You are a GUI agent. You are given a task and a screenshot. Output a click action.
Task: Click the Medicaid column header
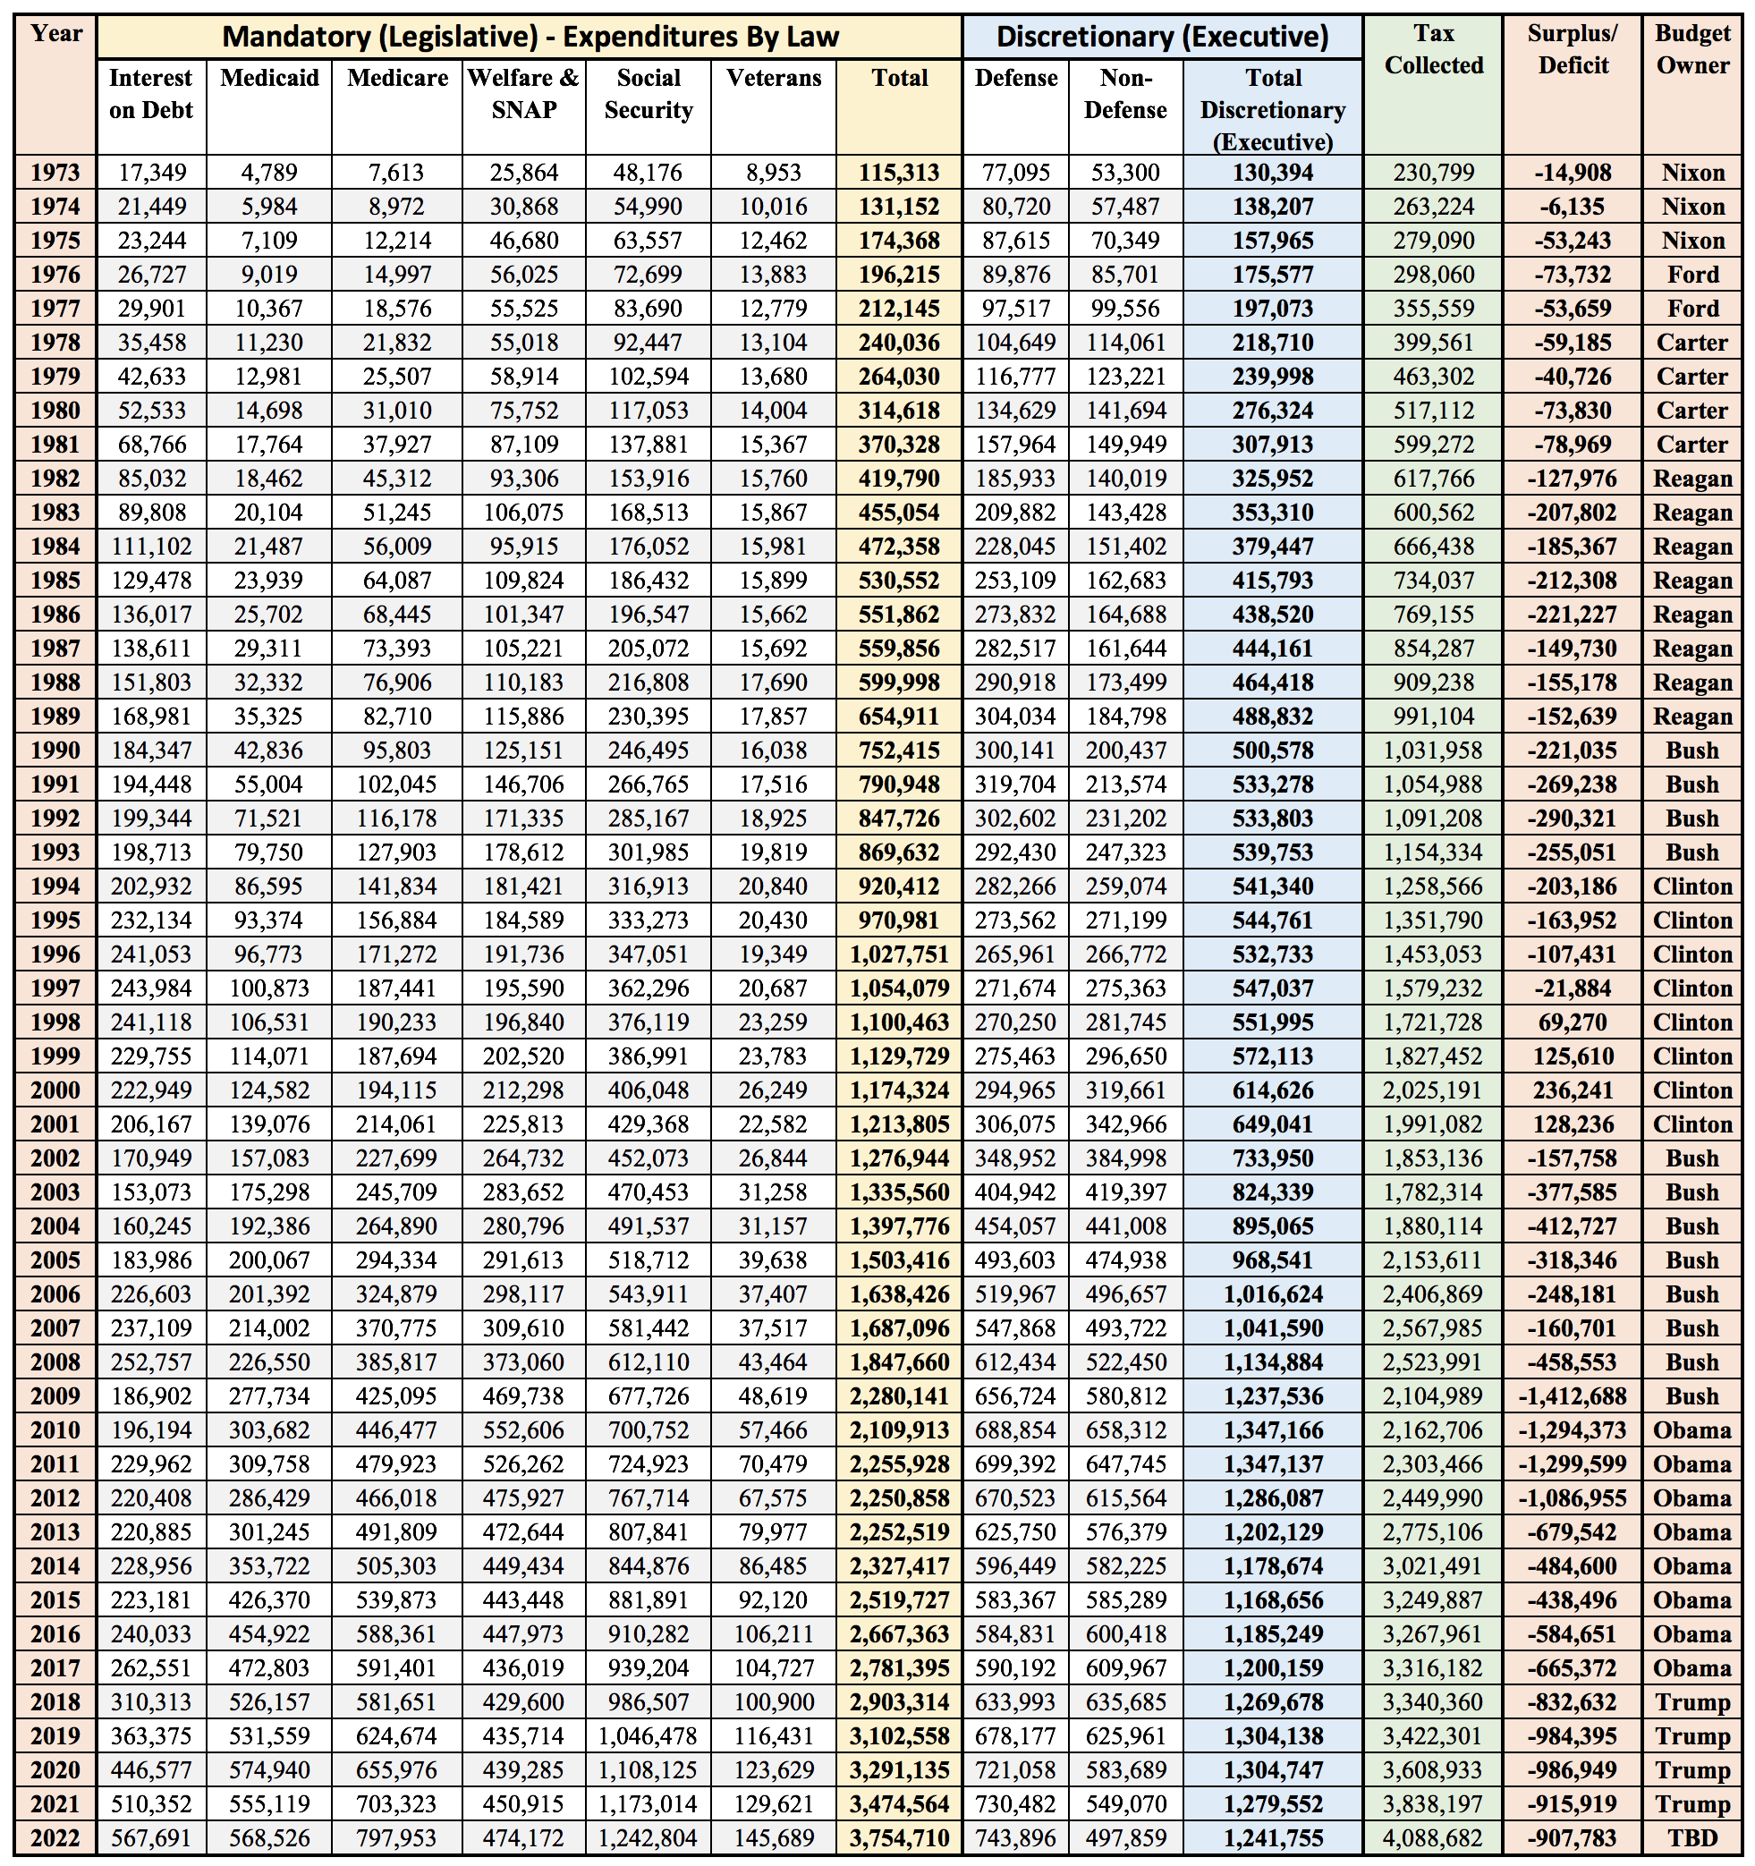point(269,78)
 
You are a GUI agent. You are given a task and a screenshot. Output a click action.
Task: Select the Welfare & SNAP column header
point(523,94)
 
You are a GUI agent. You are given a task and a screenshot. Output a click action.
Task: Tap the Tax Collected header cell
point(1433,50)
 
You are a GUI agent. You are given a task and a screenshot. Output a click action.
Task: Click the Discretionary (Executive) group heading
point(1162,37)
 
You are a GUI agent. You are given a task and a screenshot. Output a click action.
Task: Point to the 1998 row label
point(55,1022)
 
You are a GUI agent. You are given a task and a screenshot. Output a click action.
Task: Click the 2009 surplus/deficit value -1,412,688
point(1572,1395)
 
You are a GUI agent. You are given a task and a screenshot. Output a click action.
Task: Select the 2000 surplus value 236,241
point(1573,1090)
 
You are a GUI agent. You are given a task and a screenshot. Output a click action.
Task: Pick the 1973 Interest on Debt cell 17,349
point(152,173)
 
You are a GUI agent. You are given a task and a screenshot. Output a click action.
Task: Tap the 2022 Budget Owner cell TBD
point(1692,1838)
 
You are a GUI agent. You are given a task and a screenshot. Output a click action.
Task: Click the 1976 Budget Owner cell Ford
point(1692,275)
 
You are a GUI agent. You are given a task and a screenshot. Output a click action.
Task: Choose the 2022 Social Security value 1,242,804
point(648,1838)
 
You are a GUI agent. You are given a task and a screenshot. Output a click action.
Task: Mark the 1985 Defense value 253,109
point(1015,580)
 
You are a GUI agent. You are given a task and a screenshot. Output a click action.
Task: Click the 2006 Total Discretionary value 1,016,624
point(1273,1294)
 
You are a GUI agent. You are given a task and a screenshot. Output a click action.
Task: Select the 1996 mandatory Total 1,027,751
point(899,954)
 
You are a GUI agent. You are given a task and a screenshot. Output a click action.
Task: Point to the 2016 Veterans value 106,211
point(774,1634)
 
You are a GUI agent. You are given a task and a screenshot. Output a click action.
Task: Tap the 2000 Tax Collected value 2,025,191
point(1433,1090)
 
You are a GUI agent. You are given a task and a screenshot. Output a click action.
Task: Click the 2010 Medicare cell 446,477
point(396,1429)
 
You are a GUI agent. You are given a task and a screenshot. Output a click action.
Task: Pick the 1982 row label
point(55,479)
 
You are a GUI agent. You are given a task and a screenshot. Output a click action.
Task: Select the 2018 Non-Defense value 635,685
point(1125,1701)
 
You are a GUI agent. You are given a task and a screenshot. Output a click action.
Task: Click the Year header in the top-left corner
point(55,35)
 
